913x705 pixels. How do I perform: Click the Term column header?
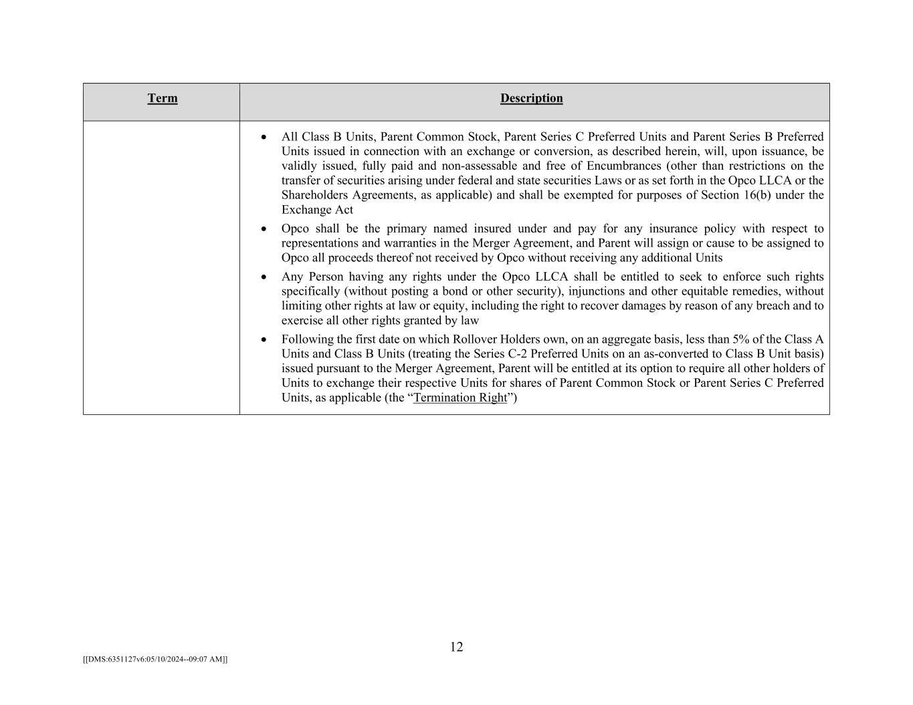pyautogui.click(x=163, y=98)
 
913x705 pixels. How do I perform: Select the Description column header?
pyautogui.click(x=531, y=98)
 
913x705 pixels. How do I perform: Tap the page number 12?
pyautogui.click(x=456, y=647)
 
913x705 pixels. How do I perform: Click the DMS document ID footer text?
pyautogui.click(x=155, y=660)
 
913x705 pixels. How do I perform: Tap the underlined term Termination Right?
pyautogui.click(x=460, y=398)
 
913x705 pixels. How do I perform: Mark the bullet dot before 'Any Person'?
pyautogui.click(x=264, y=277)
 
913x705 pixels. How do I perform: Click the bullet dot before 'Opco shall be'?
pyautogui.click(x=264, y=229)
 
